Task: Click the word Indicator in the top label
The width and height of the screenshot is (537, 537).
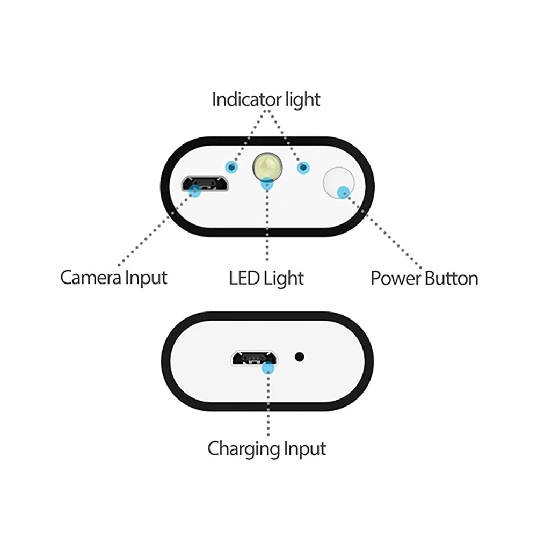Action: [246, 100]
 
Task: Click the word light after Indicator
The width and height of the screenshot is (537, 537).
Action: [302, 100]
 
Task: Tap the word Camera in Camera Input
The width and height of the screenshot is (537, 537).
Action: [91, 278]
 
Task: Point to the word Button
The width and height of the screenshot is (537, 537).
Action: [451, 279]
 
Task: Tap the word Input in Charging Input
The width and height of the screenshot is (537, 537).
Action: [304, 448]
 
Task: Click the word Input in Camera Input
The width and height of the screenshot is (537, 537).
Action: [146, 278]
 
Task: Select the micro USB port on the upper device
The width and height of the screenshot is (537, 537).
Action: [206, 183]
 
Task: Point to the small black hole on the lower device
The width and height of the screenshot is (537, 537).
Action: [300, 356]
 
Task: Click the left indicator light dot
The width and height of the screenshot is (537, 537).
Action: [232, 168]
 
